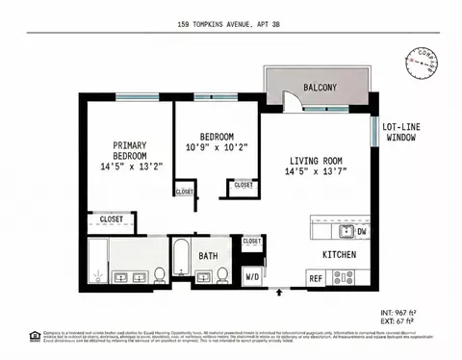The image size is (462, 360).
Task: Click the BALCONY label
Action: pyautogui.click(x=320, y=88)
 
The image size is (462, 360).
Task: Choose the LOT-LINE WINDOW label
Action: pyautogui.click(x=403, y=133)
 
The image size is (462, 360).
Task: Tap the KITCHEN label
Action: pyautogui.click(x=340, y=254)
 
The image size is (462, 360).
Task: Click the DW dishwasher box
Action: pyautogui.click(x=362, y=231)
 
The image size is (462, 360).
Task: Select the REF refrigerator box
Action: pyautogui.click(x=315, y=279)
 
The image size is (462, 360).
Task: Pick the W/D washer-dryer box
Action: pyautogui.click(x=252, y=276)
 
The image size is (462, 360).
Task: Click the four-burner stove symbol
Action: pyautogui.click(x=344, y=278)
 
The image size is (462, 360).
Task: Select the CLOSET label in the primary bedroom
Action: pyautogui.click(x=112, y=219)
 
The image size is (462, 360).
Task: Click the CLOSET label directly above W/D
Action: pyautogui.click(x=252, y=242)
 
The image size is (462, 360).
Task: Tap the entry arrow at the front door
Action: pyautogui.click(x=280, y=292)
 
